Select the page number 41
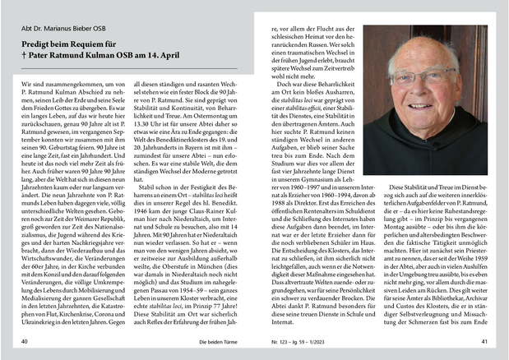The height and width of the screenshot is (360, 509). tap(485, 339)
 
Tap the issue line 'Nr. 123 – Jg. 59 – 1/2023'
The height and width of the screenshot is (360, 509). tap(289, 339)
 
